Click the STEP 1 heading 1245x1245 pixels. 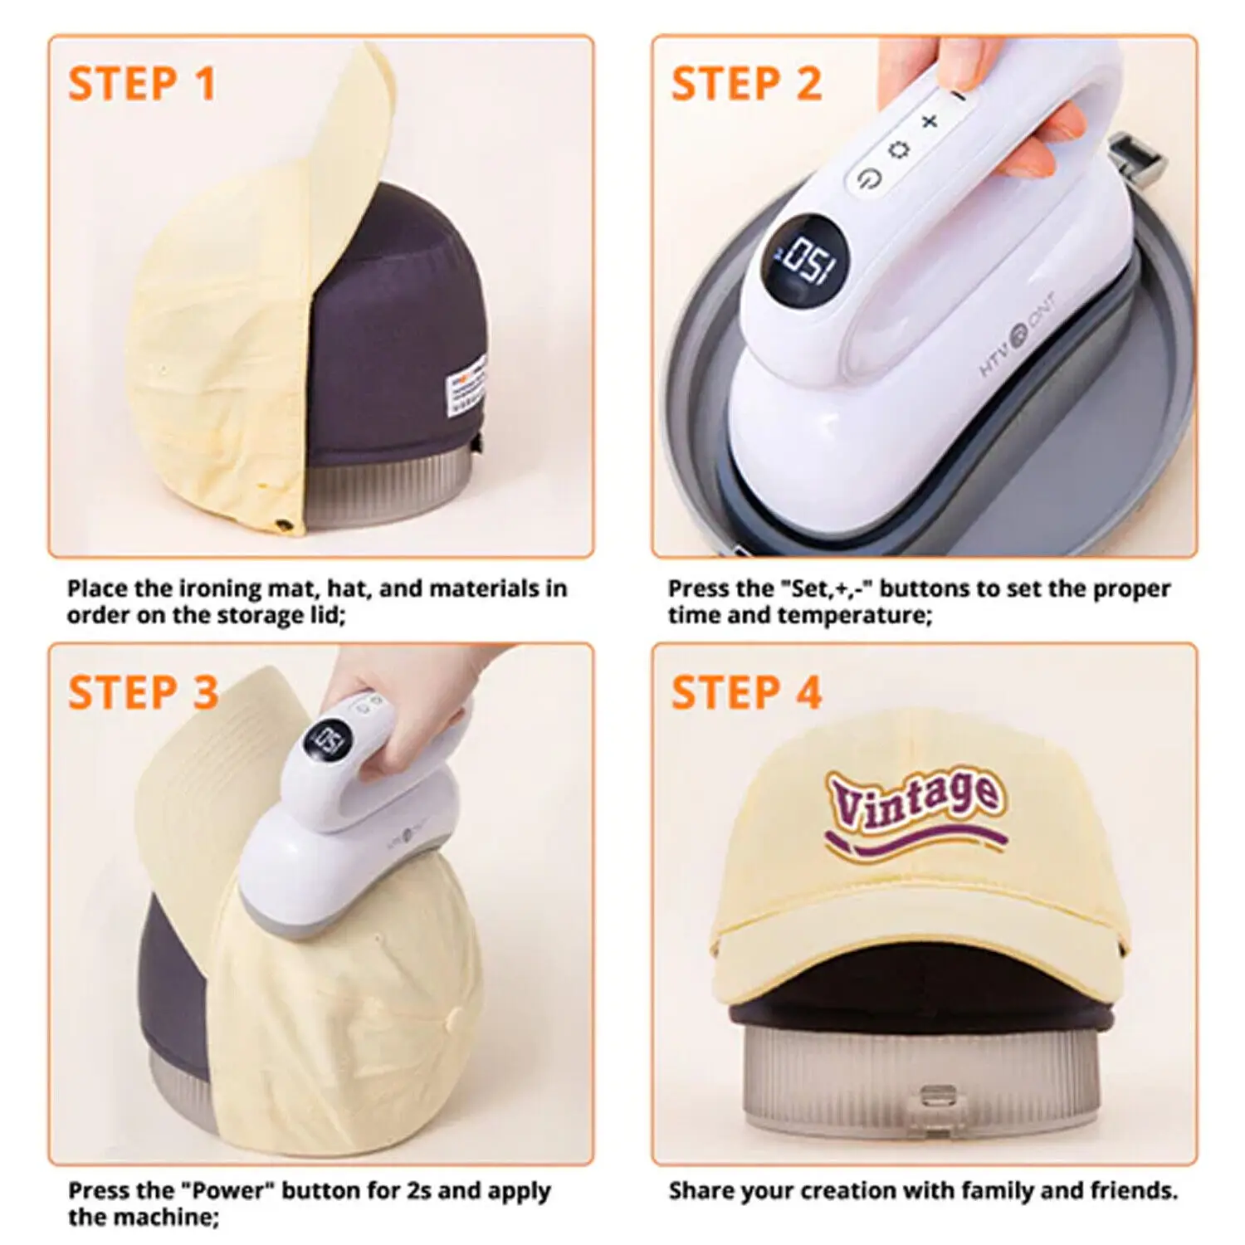coord(142,84)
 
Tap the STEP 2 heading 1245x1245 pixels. coord(746,84)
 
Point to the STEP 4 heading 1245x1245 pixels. coord(746,692)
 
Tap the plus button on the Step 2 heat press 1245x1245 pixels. coord(930,121)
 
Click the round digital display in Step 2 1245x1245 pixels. coord(803,258)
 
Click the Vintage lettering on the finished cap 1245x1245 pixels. coord(913,799)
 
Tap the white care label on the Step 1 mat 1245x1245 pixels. coord(467,384)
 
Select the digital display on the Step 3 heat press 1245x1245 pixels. coord(326,736)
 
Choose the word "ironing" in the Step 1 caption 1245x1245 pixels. coord(218,588)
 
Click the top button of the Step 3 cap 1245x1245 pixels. coord(453,1016)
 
